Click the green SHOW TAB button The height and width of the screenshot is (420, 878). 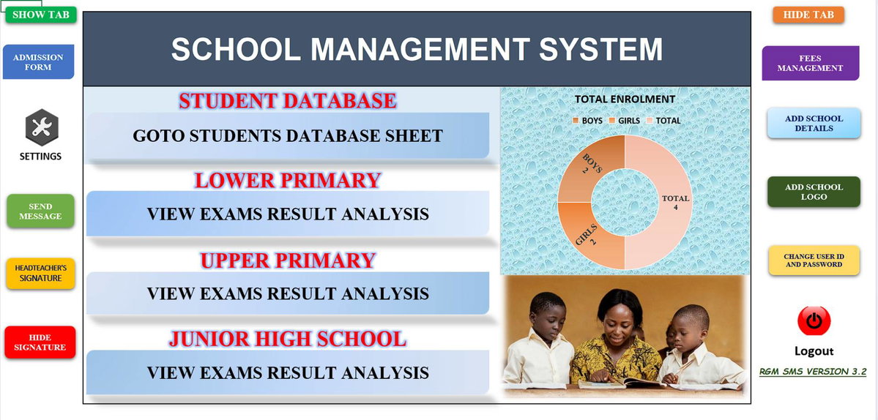[41, 15]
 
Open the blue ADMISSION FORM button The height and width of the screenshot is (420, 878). [39, 62]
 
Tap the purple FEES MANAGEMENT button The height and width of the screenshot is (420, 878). [810, 63]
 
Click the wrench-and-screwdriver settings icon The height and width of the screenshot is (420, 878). [42, 127]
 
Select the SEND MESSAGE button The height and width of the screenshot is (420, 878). [40, 211]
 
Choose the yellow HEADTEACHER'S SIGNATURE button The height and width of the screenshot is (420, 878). [40, 274]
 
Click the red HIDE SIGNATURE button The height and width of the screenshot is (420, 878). [40, 342]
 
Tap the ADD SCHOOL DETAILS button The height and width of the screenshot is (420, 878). [814, 123]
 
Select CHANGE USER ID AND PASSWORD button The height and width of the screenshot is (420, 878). [814, 260]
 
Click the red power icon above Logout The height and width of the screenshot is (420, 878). [814, 320]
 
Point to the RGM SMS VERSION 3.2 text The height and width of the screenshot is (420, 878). [813, 372]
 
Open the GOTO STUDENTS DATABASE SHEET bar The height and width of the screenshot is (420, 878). [288, 136]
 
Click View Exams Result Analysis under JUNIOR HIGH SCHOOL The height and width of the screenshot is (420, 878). [288, 372]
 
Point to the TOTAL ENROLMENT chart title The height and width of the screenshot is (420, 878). [625, 100]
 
